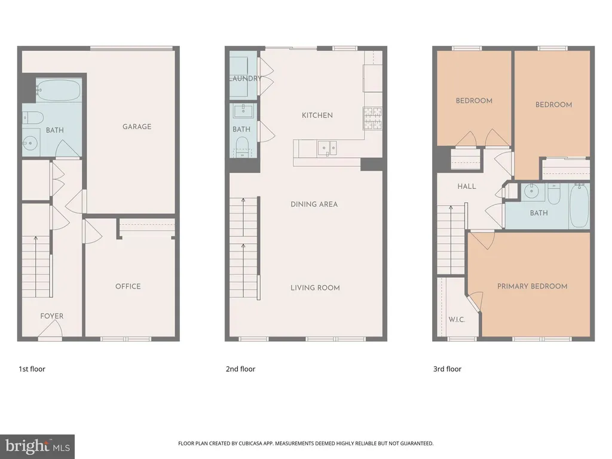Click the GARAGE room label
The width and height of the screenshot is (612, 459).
[x=137, y=127]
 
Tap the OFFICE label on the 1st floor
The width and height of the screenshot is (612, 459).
[x=128, y=286]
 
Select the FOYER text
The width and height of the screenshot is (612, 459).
[x=51, y=316]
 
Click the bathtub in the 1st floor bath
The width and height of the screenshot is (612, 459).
[x=59, y=90]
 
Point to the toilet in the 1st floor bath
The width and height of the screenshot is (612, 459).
[x=32, y=118]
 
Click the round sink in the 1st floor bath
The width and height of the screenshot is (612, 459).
[x=30, y=143]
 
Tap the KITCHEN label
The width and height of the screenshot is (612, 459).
[x=317, y=115]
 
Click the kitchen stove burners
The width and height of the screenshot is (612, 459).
[x=372, y=118]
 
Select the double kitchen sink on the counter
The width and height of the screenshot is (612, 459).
[x=327, y=148]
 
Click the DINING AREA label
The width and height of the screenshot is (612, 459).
[x=314, y=204]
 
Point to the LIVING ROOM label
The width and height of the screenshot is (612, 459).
[x=315, y=287]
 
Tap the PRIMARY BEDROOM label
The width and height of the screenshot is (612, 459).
[x=533, y=286]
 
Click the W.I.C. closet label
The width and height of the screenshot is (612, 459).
[x=457, y=320]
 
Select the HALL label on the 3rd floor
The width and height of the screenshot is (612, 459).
[x=467, y=186]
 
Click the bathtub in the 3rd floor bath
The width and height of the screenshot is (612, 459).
[x=579, y=206]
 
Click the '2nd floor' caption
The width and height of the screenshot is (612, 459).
[x=240, y=369]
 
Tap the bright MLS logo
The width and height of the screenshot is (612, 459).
[x=38, y=446]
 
